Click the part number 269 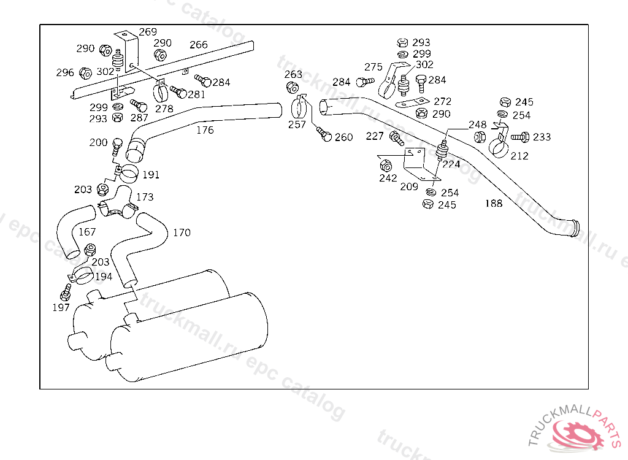click(148, 32)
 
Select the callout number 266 click(199, 45)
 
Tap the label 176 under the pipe click(205, 130)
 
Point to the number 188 click(494, 203)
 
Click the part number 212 click(519, 156)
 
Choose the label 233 click(542, 137)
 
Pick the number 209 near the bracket click(409, 186)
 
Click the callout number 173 click(145, 197)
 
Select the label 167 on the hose click(87, 232)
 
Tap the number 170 click(182, 232)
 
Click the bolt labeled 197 click(66, 293)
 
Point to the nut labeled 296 click(85, 74)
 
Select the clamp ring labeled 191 click(128, 173)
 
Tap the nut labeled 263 click(293, 87)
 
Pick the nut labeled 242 click(385, 166)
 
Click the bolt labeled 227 click(397, 138)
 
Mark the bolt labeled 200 click(117, 146)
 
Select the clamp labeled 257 click(299, 107)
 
